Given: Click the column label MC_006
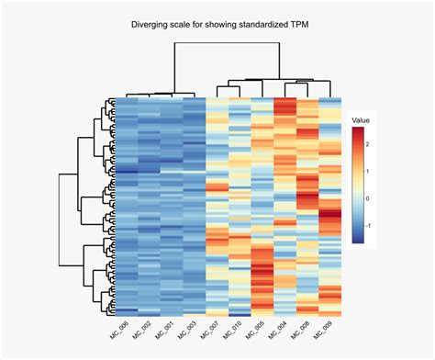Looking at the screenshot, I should click(117, 329).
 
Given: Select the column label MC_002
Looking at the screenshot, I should click(139, 329).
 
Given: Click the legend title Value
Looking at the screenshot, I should click(361, 119).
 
